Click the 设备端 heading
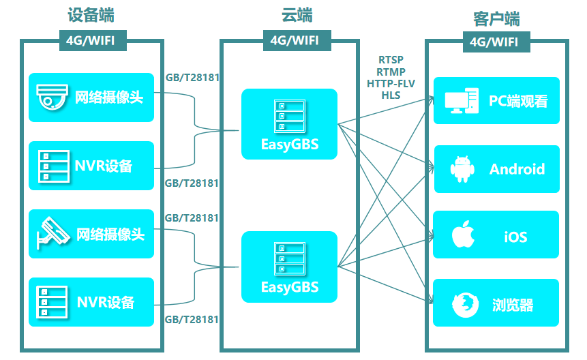click(x=91, y=15)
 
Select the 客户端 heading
click(x=496, y=18)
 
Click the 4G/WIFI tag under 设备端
click(x=93, y=40)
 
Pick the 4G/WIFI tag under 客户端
click(x=494, y=42)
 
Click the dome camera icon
click(x=52, y=97)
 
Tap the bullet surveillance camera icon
click(x=52, y=232)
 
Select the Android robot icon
click(x=462, y=169)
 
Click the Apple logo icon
click(x=463, y=235)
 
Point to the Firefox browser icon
click(x=463, y=304)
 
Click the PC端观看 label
click(x=518, y=101)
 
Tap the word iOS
click(x=515, y=237)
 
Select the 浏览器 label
click(x=513, y=305)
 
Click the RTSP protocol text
click(x=390, y=61)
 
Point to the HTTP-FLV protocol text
click(x=391, y=84)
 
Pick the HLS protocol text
click(x=391, y=95)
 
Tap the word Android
click(x=517, y=169)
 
